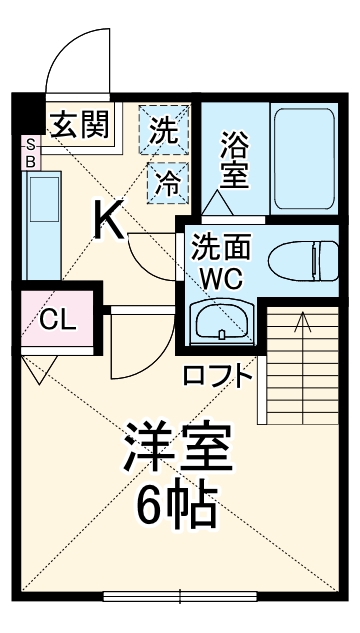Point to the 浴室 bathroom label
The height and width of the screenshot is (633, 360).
pyautogui.click(x=236, y=158)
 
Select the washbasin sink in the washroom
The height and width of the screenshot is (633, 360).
pyautogui.click(x=221, y=322)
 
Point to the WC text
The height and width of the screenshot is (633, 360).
pyautogui.click(x=220, y=277)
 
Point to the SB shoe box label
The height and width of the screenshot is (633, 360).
pyautogui.click(x=30, y=152)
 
